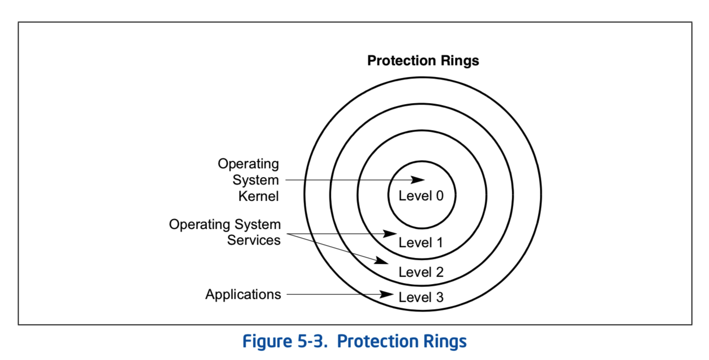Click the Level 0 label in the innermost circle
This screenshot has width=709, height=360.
421,196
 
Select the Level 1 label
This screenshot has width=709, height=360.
421,243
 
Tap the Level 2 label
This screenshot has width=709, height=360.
421,272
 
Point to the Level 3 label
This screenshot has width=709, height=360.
421,297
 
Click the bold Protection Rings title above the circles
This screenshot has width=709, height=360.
423,61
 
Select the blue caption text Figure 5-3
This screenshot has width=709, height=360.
284,341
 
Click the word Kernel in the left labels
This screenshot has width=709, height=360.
258,196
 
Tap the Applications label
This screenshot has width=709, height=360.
243,294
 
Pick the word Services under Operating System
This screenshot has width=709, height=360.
253,240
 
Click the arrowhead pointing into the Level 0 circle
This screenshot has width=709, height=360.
419,180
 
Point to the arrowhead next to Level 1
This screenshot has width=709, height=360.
391,233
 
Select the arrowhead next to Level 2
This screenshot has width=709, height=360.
382,261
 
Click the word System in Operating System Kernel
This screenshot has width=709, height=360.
256,180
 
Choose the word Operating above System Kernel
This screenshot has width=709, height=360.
248,164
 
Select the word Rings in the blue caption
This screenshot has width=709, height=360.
443,341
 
